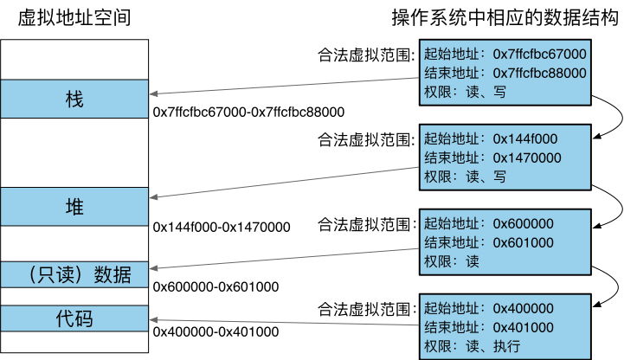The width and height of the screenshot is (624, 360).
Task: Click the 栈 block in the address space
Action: point(74,99)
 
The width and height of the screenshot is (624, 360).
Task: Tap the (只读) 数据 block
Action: point(74,275)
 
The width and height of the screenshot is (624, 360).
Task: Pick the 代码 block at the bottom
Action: point(74,318)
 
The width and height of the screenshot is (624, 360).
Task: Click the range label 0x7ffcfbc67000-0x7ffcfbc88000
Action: point(249,112)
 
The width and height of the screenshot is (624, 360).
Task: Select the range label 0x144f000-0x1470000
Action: point(221,228)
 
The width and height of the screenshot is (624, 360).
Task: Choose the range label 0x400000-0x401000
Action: point(216,331)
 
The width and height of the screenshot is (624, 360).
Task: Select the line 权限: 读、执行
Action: point(472,347)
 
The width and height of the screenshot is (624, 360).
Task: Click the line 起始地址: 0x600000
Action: point(490,224)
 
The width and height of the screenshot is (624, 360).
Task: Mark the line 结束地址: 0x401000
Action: point(490,327)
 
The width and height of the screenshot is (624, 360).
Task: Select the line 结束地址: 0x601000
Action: point(490,242)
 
